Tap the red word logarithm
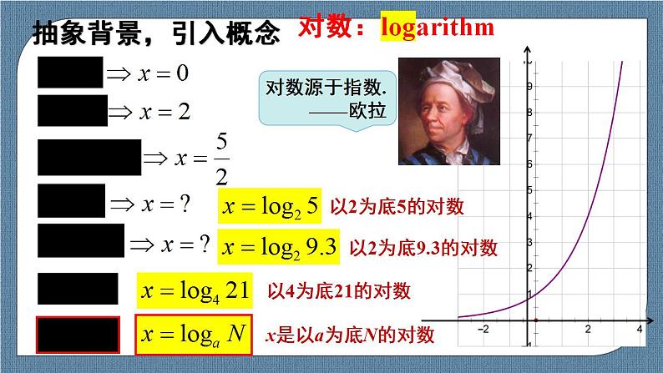coord(437,28)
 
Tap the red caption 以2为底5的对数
coord(397,206)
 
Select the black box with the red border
coord(78,335)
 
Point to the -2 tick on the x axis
coord(482,329)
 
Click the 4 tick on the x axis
coord(639,329)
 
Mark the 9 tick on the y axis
coord(528,85)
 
